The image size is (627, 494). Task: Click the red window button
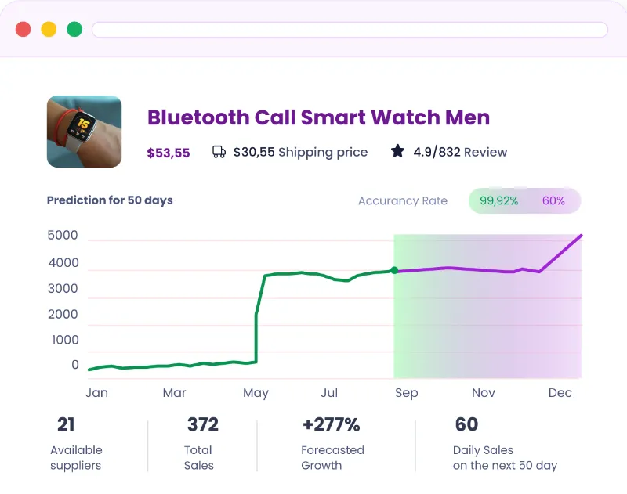(24, 30)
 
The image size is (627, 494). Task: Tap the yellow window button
(49, 30)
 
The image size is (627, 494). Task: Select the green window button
(74, 30)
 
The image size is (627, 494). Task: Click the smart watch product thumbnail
(84, 132)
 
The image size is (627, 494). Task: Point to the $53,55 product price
(169, 153)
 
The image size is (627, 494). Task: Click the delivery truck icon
(219, 152)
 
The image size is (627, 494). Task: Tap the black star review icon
(398, 151)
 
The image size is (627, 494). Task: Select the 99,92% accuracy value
(499, 200)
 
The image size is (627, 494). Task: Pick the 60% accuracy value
(553, 200)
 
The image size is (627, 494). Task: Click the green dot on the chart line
(394, 271)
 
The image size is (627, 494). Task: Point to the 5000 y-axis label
(63, 236)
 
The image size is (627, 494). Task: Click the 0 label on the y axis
(75, 365)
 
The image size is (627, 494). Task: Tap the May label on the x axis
(256, 393)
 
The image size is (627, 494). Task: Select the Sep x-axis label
(406, 393)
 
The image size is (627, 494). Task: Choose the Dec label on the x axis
(560, 393)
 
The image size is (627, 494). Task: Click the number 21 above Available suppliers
(66, 425)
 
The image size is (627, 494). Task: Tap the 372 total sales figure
(202, 425)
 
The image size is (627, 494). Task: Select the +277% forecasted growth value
(331, 425)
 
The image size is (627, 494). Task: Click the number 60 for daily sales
(466, 425)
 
